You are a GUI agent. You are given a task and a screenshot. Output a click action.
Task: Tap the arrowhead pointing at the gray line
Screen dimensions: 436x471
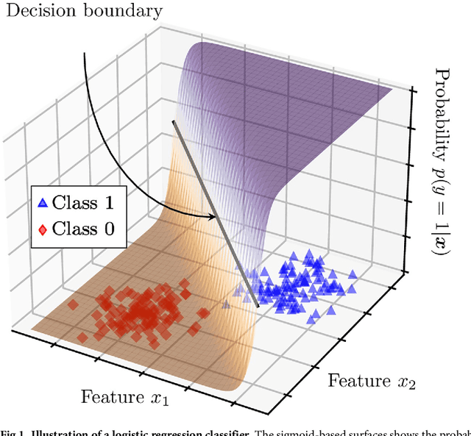(215, 216)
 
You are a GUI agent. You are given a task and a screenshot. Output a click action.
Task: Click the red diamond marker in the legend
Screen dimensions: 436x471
(43, 229)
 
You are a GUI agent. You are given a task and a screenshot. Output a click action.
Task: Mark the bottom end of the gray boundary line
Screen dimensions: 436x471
(257, 304)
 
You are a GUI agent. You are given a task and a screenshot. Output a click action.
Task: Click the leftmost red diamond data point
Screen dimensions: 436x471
(72, 303)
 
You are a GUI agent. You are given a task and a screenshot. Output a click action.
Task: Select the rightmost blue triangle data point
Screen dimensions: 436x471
(353, 274)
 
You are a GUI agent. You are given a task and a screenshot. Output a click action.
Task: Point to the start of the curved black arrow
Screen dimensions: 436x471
(85, 53)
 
